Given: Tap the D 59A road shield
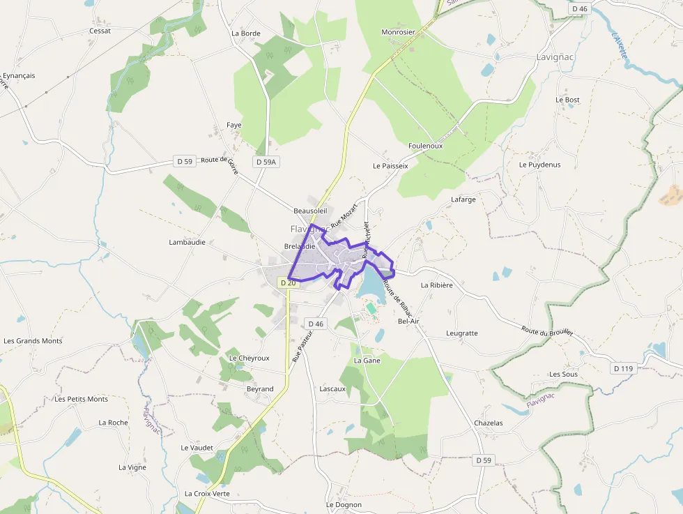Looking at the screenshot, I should click(266, 162).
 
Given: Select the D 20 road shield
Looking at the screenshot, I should click(288, 282).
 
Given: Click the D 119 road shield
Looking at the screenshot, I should click(624, 368).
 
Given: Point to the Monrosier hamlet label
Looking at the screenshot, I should click(398, 32).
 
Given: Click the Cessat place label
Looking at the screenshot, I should click(100, 31).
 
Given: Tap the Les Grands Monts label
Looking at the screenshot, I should click(33, 341).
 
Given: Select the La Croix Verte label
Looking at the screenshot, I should click(207, 493).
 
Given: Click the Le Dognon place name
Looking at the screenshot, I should click(344, 504).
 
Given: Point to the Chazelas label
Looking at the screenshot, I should click(488, 423).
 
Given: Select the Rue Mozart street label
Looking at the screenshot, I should click(344, 216).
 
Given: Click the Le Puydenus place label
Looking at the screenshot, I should click(539, 165).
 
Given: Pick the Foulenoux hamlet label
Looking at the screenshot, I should click(425, 146).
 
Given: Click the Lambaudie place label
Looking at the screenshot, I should click(188, 242).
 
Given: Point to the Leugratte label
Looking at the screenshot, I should click(462, 333).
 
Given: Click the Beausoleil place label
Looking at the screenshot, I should click(310, 210).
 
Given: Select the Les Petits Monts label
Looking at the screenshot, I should click(82, 399).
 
